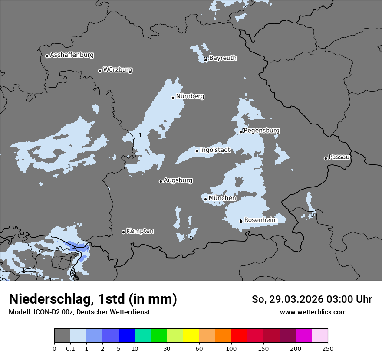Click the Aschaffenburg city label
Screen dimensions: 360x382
[x=72, y=55]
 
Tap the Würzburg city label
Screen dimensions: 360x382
[x=118, y=70]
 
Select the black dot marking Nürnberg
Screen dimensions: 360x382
[x=173, y=98]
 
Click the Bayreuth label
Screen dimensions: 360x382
[x=223, y=58]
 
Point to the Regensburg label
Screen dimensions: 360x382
[x=262, y=131]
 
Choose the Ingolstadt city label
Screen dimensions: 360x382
[x=215, y=150]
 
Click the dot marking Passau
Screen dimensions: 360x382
[x=326, y=158]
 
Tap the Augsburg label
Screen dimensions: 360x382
[x=178, y=180]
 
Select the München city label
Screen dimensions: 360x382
[x=222, y=198]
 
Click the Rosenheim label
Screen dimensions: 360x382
[x=260, y=220]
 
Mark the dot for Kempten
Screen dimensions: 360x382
[x=123, y=232]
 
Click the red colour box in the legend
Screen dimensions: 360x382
[x=239, y=336]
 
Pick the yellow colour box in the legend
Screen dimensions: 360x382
[x=191, y=336]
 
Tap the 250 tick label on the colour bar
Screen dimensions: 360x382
[x=328, y=348]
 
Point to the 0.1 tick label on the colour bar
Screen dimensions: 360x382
[x=70, y=348]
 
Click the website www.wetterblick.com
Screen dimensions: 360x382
[x=313, y=312]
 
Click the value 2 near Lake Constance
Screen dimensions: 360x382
[x=88, y=248]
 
